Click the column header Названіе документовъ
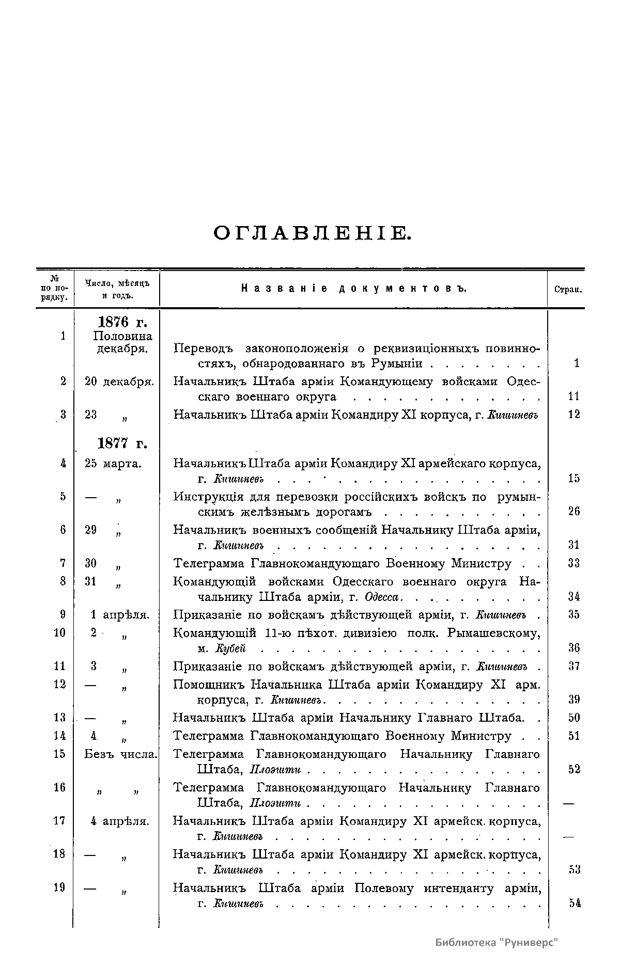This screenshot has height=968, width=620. coord(353,289)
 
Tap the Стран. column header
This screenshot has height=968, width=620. coord(568,290)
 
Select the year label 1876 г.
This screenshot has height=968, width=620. coord(122,322)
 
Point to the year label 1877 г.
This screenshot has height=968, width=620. coord(122,443)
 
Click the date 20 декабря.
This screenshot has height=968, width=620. coord(119,382)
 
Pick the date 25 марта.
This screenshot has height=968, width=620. coord(113,463)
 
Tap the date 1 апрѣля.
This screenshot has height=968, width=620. coord(119,615)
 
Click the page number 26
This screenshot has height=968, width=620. coord(574,511)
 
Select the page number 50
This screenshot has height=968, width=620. coord(574,717)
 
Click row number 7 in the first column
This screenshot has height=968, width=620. coord(63,563)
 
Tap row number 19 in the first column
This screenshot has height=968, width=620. coord(60,887)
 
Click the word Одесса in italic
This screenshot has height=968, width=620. coord(382,597)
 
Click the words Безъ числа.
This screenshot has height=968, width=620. coord(120,754)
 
